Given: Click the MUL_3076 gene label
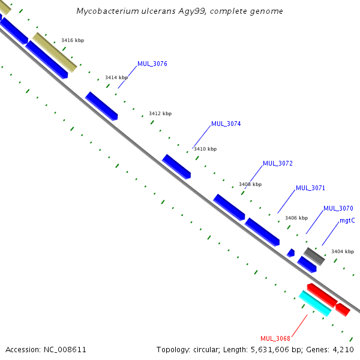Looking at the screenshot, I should [152, 64].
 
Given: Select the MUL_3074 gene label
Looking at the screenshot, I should [226, 124].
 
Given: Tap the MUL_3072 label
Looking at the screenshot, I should [277, 163].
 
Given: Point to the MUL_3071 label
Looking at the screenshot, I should [310, 188].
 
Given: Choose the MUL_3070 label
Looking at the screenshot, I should [338, 208].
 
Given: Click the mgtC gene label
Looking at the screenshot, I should [347, 220].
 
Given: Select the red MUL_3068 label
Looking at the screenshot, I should [275, 338].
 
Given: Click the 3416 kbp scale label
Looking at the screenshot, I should [73, 40].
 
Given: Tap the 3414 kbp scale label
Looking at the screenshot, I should [116, 77].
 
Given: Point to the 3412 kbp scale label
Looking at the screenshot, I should [160, 113].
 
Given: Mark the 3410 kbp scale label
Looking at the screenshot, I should [205, 149].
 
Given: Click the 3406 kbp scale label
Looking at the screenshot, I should [296, 218].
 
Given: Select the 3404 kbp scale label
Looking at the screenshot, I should [343, 251].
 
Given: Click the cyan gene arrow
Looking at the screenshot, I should [315, 304].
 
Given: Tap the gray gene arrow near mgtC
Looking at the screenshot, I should [314, 256].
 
